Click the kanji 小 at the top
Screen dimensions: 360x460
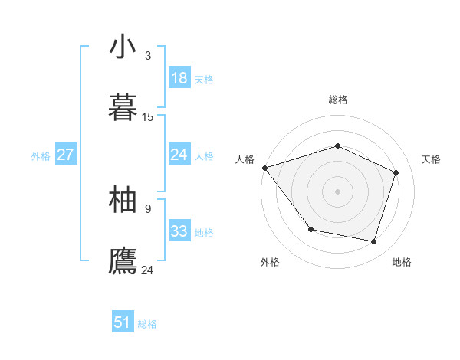123,47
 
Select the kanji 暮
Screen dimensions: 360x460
123,107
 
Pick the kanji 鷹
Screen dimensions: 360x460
123,260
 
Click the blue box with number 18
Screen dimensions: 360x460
179,78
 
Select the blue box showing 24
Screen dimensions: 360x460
179,155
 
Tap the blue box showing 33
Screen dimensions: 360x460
179,231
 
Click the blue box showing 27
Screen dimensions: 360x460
65,155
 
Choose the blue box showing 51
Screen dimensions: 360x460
123,322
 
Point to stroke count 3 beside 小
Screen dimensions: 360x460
148,56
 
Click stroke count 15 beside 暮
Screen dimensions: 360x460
148,117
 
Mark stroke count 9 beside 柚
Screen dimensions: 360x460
148,208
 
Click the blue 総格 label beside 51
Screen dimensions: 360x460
147,324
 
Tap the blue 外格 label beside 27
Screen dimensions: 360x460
41,156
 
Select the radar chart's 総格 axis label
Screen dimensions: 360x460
338,100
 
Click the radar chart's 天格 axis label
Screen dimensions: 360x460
432,159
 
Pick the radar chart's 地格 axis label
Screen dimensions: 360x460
402,262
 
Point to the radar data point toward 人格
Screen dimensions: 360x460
264,168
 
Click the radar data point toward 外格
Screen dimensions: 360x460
310,229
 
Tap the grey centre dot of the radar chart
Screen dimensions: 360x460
338,191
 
